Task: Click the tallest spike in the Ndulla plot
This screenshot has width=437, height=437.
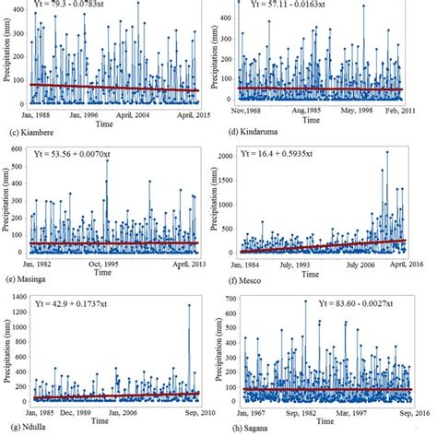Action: coord(189,305)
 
